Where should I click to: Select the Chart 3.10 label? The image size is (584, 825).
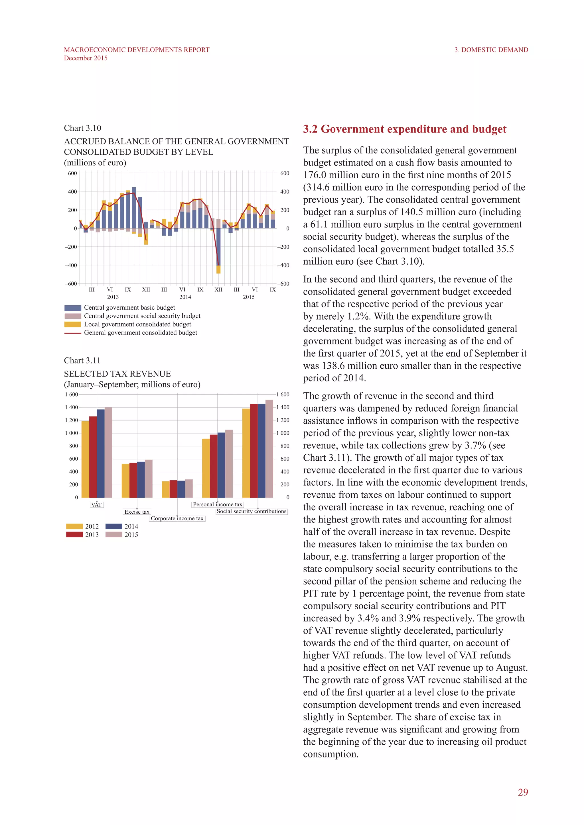pyautogui.click(x=82, y=128)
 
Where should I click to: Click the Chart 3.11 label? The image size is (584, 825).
pyautogui.click(x=82, y=360)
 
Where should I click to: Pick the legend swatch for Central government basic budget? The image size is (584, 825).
pyautogui.click(x=73, y=308)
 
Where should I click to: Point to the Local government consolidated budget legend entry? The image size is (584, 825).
pyautogui.click(x=137, y=324)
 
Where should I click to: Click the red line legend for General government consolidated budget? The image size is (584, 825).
pyautogui.click(x=73, y=333)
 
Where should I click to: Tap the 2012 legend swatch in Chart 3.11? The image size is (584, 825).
pyautogui.click(x=74, y=526)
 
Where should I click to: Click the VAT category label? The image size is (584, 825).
pyautogui.click(x=96, y=505)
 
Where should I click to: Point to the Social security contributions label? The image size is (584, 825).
pyautogui.click(x=251, y=511)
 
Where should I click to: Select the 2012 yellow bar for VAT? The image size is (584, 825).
pyautogui.click(x=85, y=460)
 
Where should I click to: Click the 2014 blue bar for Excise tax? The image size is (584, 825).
pyautogui.click(x=141, y=480)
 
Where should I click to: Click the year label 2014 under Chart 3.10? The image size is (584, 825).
pyautogui.click(x=185, y=297)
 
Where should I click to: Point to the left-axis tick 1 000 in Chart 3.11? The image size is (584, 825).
pyautogui.click(x=71, y=433)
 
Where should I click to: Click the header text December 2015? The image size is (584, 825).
pyautogui.click(x=86, y=58)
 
